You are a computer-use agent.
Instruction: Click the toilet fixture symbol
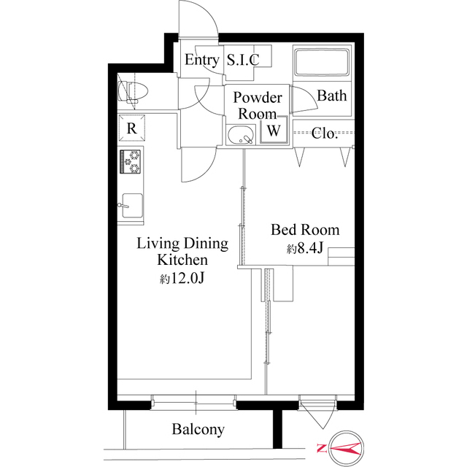133,91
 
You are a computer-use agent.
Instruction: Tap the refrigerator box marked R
131,128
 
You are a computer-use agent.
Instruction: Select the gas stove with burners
130,161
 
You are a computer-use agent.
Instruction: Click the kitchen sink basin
132,206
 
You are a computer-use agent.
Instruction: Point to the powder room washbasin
242,135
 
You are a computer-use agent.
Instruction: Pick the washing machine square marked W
274,130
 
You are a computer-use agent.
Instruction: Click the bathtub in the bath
322,63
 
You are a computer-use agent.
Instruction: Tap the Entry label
202,60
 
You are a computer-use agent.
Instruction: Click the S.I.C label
243,60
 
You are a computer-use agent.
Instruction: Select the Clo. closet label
324,133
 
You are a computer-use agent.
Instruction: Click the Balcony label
198,430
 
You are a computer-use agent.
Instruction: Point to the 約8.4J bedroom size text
305,248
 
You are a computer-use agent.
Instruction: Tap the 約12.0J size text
182,279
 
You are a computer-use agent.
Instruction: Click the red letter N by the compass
322,448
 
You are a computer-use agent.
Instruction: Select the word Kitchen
182,260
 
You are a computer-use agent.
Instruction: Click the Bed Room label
305,230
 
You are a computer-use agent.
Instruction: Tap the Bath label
332,96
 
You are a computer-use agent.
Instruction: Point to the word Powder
258,98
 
